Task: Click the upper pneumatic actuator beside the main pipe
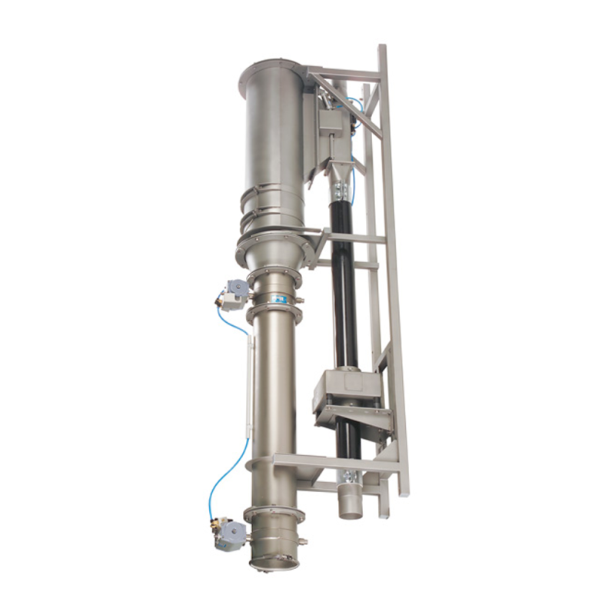point(232,291)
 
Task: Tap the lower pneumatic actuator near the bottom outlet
point(229,533)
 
